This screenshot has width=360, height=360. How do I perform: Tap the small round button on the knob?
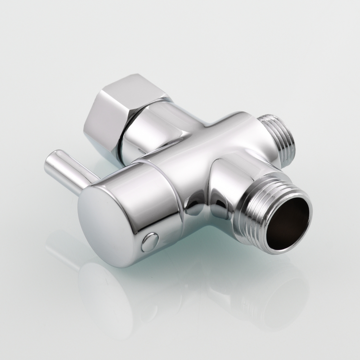pyautogui.click(x=150, y=242)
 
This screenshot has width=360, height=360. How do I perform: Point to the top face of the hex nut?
pyautogui.click(x=133, y=88)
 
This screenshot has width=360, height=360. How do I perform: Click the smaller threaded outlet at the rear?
pyautogui.click(x=279, y=139)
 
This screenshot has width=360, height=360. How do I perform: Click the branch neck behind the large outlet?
pyautogui.click(x=230, y=176)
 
